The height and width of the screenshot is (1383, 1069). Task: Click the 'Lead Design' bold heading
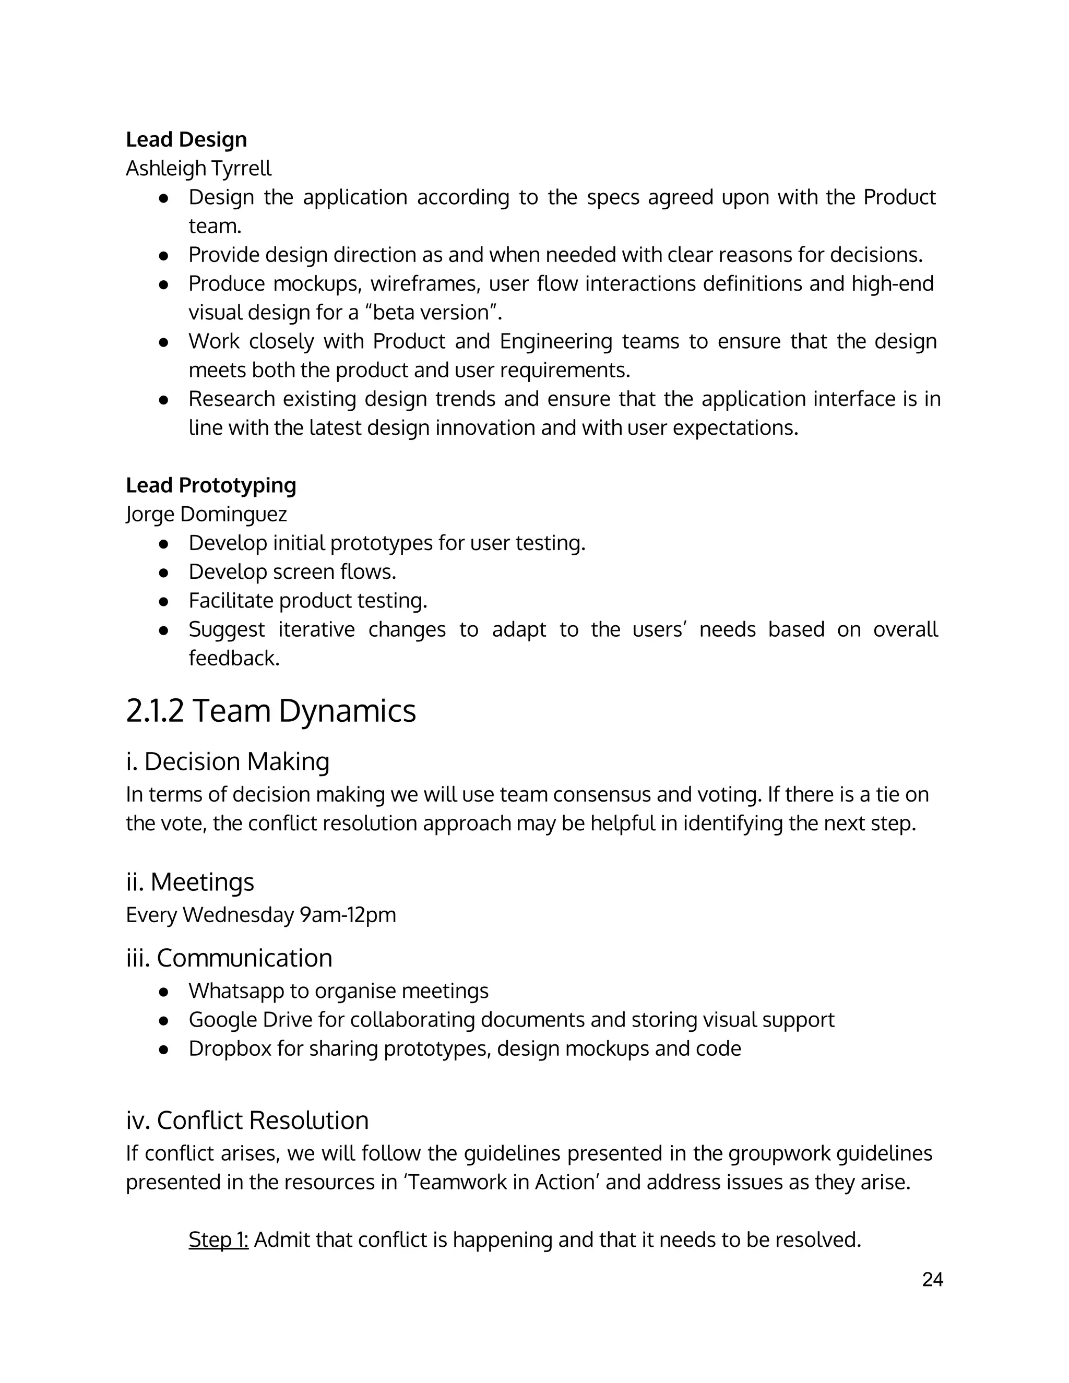(186, 139)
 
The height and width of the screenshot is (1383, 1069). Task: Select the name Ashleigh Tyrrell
(198, 169)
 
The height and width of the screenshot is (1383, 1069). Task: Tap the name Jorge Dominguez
(207, 514)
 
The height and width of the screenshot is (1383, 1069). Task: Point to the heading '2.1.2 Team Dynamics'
(270, 710)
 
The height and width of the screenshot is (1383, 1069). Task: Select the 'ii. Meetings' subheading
(190, 881)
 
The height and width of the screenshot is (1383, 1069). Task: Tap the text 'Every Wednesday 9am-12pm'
(261, 915)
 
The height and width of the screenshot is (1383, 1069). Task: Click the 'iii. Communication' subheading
(229, 958)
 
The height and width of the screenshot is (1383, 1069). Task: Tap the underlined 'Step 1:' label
(219, 1239)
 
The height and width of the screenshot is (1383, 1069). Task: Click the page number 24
(932, 1280)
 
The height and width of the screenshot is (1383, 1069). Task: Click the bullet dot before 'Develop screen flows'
(163, 573)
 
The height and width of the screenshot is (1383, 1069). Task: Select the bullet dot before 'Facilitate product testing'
(163, 601)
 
